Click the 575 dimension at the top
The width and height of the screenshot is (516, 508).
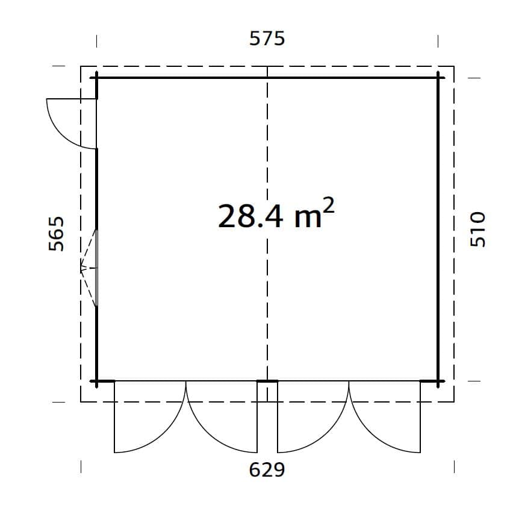(267, 39)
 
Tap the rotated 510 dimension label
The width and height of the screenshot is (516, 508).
(477, 229)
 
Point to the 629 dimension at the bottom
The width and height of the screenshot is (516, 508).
(267, 469)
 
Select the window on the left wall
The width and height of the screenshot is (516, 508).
(90, 268)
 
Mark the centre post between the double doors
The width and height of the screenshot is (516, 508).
(267, 381)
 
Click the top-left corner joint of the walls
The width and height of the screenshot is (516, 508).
(96, 77)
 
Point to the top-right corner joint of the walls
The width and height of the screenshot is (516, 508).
(438, 77)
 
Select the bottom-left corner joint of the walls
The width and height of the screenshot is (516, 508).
(96, 381)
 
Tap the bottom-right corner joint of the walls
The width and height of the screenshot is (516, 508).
(438, 381)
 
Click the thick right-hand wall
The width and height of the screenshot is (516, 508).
(438, 229)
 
